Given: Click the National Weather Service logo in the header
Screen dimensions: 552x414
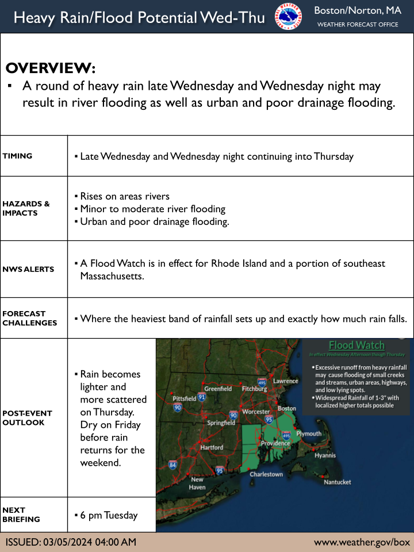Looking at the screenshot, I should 289,16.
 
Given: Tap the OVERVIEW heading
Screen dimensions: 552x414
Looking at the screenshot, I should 51,67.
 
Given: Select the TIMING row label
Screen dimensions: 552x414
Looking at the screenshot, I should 17,156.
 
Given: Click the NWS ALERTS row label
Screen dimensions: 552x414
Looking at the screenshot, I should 28,269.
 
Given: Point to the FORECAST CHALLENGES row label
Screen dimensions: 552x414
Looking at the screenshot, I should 29,318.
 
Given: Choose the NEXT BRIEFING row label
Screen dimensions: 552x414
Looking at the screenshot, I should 21,515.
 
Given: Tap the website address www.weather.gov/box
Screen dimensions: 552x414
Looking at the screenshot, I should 362,542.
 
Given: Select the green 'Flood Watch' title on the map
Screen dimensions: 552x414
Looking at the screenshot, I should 356,345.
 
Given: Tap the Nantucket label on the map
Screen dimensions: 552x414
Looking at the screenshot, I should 338,482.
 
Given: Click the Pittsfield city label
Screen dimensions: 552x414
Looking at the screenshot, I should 185,398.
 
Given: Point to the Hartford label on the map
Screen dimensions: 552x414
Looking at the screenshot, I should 212,447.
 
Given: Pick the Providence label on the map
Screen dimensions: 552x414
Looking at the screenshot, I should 275,443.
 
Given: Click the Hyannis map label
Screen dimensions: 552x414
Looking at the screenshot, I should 325,455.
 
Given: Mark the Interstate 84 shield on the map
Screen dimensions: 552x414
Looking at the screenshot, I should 172,465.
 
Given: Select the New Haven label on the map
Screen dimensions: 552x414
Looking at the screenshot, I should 197,483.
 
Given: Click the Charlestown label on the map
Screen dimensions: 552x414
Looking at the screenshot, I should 266,474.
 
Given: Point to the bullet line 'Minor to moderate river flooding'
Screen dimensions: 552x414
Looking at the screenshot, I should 152,209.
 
